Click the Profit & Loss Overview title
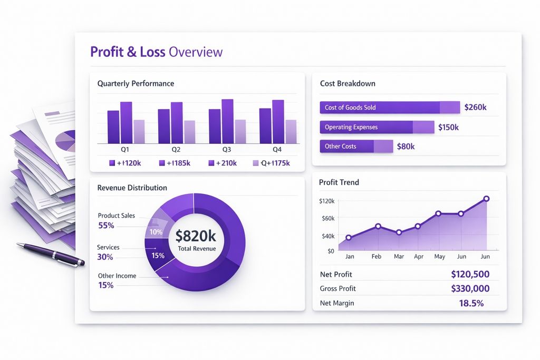156,52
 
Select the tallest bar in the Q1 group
126,122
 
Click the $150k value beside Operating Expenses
448,127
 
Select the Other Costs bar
356,147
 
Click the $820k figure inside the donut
196,236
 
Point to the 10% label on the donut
156,232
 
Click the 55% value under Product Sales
106,226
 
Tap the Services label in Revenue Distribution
108,247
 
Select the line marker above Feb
378,226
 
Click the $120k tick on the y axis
327,201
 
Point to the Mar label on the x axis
399,257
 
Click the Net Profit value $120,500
470,274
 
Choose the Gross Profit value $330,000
470,289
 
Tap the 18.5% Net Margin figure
471,303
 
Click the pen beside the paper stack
50,254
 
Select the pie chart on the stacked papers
66,141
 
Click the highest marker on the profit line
486,199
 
